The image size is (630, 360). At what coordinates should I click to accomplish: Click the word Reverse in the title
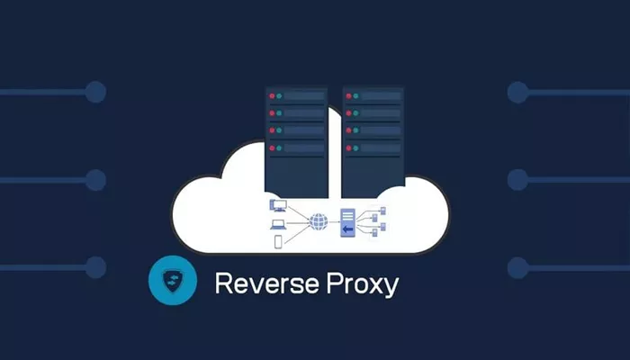(266, 283)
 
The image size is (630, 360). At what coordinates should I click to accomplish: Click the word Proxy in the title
(363, 285)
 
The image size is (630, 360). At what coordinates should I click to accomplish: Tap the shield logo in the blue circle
(173, 281)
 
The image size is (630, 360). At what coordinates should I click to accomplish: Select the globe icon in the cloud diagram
(319, 221)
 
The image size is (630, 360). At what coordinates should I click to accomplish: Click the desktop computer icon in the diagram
(277, 205)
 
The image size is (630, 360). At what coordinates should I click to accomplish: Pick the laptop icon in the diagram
(278, 225)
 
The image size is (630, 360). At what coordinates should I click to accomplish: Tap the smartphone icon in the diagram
(278, 241)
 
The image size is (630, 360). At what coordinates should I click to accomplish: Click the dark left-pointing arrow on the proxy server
(347, 229)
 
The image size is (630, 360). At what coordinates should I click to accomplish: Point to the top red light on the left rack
(272, 96)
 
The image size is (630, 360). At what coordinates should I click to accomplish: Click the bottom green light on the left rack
(279, 148)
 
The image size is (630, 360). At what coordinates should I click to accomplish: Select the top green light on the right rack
(355, 96)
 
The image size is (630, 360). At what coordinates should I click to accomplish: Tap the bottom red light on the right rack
(349, 148)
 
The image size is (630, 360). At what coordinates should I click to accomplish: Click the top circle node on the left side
(95, 92)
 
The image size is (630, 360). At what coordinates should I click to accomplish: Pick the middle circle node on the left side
(95, 180)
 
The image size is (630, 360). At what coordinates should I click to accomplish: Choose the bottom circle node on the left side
(95, 267)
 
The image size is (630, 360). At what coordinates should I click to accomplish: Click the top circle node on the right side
(517, 93)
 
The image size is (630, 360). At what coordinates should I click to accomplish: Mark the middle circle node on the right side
(517, 180)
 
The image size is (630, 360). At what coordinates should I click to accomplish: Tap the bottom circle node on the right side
(517, 268)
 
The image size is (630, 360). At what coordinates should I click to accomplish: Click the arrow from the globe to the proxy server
(334, 222)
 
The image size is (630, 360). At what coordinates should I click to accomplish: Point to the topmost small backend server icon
(382, 211)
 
